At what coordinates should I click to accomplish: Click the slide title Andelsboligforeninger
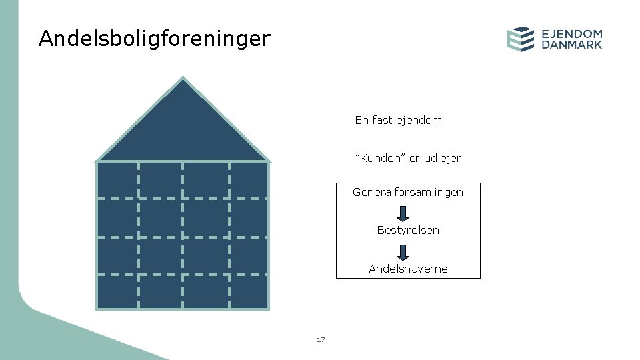pyautogui.click(x=155, y=39)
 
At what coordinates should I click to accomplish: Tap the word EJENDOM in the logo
pyautogui.click(x=572, y=33)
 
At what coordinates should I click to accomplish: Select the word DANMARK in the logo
pyautogui.click(x=572, y=45)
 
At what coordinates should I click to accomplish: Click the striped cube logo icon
pyautogui.click(x=521, y=39)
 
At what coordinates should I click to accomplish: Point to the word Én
pyautogui.click(x=362, y=121)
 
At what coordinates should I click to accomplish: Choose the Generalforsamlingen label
pyautogui.click(x=408, y=192)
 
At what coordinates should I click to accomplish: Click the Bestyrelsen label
pyautogui.click(x=408, y=231)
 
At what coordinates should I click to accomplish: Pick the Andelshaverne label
pyautogui.click(x=408, y=269)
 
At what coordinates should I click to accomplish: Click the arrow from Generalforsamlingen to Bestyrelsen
pyautogui.click(x=403, y=213)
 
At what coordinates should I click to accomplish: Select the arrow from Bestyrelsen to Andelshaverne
pyautogui.click(x=403, y=252)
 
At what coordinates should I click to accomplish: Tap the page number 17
pyautogui.click(x=321, y=340)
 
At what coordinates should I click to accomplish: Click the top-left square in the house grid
pyautogui.click(x=118, y=180)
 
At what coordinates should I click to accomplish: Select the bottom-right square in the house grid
pyautogui.click(x=248, y=291)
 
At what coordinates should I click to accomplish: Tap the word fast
pyautogui.click(x=383, y=121)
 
